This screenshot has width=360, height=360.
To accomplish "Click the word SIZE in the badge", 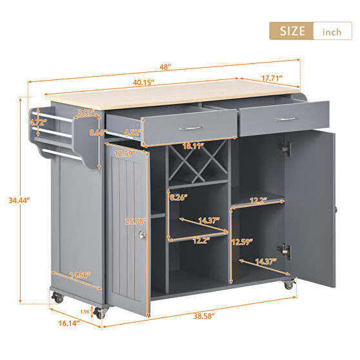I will click(292, 31).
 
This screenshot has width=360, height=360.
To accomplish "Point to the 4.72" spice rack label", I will click(38, 121).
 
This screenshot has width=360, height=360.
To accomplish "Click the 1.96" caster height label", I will click(86, 312).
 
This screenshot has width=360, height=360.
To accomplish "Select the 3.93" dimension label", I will click(85, 112).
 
